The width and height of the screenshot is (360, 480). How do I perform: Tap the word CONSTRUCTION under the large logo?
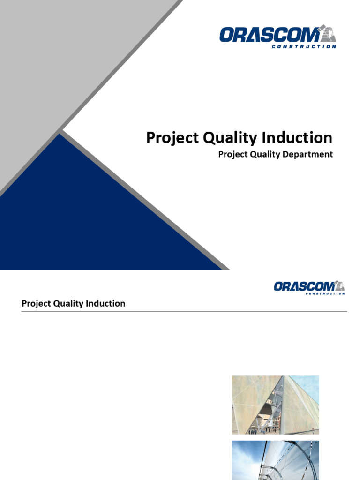[304, 46]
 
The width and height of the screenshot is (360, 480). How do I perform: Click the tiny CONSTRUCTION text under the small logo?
[325, 293]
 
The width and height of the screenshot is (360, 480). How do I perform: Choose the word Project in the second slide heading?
[36, 304]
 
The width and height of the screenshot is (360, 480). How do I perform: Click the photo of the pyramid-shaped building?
[275, 405]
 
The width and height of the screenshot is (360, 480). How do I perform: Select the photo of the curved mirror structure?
[275, 460]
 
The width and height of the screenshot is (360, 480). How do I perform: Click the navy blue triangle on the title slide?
[94, 220]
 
